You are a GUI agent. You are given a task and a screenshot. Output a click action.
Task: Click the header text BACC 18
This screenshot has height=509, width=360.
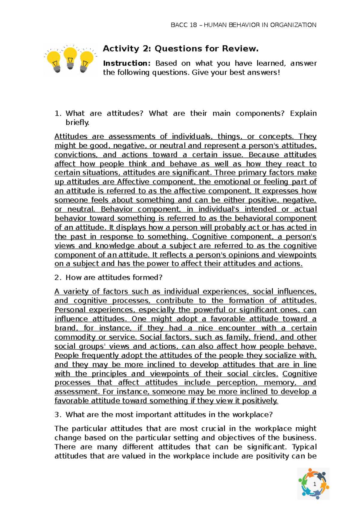point(184,25)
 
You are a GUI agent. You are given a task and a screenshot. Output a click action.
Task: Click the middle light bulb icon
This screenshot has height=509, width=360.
point(70,58)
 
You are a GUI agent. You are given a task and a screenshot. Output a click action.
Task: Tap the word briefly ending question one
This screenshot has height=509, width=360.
point(77,122)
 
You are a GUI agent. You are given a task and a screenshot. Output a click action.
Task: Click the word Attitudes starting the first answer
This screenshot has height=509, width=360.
point(71,136)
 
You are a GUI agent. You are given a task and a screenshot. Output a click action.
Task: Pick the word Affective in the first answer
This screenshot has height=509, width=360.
point(133,182)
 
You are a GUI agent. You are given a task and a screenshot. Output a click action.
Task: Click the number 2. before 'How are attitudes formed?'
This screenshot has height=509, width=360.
point(58,277)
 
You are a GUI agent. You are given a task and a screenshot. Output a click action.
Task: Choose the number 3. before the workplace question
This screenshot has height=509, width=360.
point(58,415)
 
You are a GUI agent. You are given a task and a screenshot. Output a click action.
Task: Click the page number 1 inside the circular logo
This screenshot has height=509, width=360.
point(314,484)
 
